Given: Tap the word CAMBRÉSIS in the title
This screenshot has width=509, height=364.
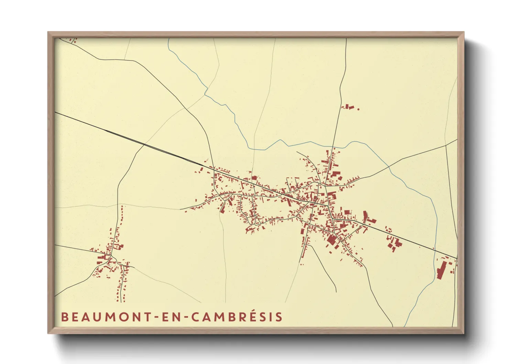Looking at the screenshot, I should pyautogui.click(x=237, y=317).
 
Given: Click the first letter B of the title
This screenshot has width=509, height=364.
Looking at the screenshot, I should pyautogui.click(x=64, y=317).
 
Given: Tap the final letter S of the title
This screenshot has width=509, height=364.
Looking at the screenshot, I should pyautogui.click(x=279, y=317).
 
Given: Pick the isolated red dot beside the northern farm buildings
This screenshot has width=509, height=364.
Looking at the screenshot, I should pyautogui.click(x=358, y=109).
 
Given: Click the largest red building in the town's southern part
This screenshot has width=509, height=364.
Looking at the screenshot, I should pyautogui.click(x=332, y=239).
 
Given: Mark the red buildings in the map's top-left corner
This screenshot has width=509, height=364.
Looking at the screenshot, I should pyautogui.click(x=72, y=41).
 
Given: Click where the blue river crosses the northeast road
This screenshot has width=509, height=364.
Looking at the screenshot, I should pyautogui.click(x=389, y=167).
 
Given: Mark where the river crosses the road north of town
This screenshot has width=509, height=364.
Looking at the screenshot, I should pyautogui.click(x=333, y=147).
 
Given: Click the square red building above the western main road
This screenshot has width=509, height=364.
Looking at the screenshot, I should pyautogui.click(x=254, y=178).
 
